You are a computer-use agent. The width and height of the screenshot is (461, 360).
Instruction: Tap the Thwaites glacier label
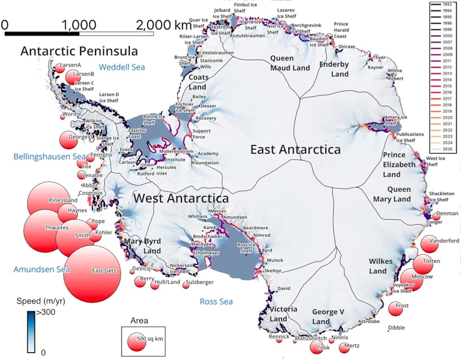pyautogui.click(x=57, y=228)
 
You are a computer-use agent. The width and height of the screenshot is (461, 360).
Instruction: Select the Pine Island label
pyautogui.click(x=63, y=200)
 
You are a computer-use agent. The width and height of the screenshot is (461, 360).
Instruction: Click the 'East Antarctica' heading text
pyautogui.click(x=295, y=150)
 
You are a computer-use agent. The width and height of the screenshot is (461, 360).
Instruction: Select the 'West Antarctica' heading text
pyautogui.click(x=181, y=198)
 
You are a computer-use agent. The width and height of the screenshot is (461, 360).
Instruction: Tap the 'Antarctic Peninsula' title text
pyautogui.click(x=79, y=51)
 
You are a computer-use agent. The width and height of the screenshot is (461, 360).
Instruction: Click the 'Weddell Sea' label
pyautogui.click(x=121, y=67)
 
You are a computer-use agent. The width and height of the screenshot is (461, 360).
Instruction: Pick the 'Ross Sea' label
pyautogui.click(x=216, y=301)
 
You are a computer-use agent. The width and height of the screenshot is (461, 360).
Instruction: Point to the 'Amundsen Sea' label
pyautogui.click(x=41, y=269)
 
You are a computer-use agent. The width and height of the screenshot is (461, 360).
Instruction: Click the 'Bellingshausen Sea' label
pyautogui.click(x=49, y=156)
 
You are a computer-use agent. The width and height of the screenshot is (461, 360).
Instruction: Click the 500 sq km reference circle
pyautogui.click(x=136, y=340)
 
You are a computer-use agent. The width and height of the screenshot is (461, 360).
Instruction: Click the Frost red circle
pyautogui.click(x=396, y=309)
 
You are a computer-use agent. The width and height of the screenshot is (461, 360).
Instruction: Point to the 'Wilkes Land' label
pyautogui.click(x=380, y=266)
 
